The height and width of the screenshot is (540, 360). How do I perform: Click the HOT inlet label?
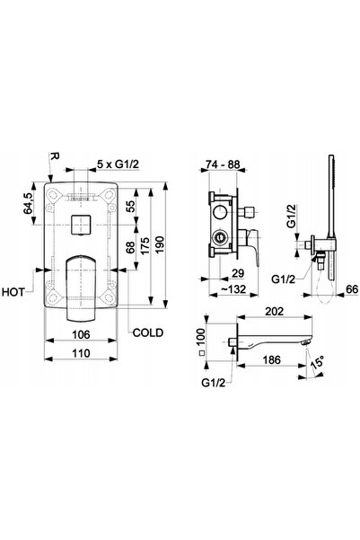coord(13,292)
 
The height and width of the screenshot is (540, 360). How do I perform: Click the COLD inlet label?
coord(147,332)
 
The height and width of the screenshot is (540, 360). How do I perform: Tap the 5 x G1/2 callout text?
coord(118,164)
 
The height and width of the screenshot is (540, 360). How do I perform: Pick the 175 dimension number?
coord(145,245)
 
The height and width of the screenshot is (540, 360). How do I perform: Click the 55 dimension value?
coord(130,206)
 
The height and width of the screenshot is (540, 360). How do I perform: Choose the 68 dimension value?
coord(130,248)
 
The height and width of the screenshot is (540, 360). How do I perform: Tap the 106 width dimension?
coord(81,334)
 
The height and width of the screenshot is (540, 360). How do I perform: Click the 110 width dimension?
coord(81,353)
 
